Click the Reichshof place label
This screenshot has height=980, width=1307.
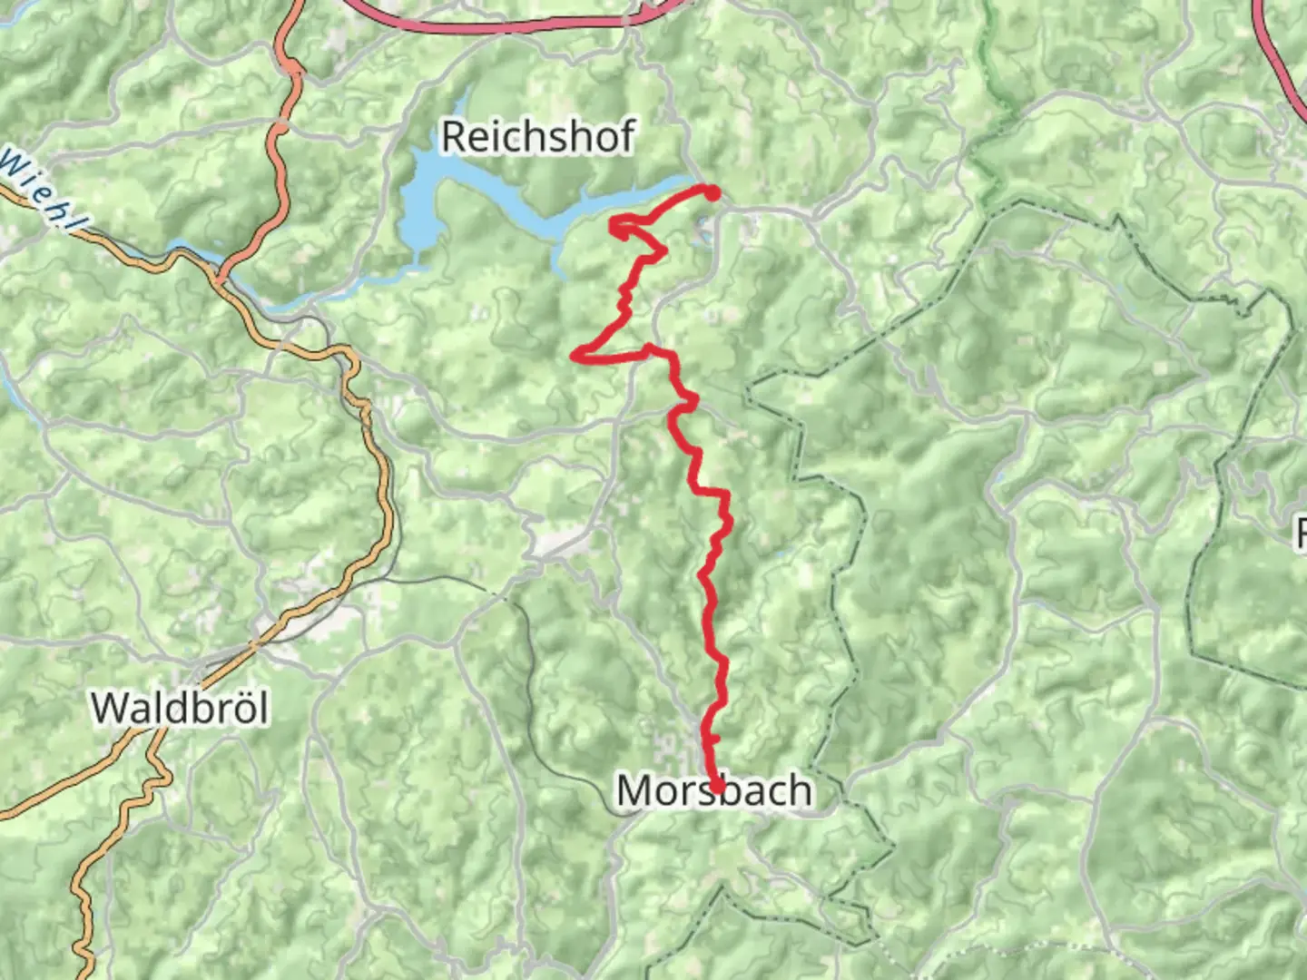537,137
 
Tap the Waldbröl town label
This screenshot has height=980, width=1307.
180,708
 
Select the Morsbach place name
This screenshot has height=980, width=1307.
713,791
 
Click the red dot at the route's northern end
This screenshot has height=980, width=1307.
712,192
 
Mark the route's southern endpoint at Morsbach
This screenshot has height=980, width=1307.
717,787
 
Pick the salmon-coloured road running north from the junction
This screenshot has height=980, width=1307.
276,154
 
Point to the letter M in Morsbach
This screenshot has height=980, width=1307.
635,791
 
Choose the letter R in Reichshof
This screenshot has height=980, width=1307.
454,137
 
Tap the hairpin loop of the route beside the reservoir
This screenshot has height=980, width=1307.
619,225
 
